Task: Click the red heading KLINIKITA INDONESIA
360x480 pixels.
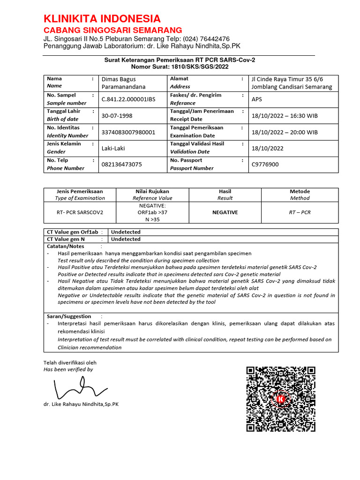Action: pos(102,19)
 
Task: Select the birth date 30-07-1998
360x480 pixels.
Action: pos(117,116)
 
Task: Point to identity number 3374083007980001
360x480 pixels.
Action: pos(128,132)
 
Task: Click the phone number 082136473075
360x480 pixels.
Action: pos(121,165)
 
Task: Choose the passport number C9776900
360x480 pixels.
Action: pos(265,165)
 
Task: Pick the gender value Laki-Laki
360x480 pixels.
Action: pos(113,148)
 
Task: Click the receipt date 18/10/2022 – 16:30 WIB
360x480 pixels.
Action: pos(284,116)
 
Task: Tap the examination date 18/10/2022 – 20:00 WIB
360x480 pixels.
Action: pos(284,132)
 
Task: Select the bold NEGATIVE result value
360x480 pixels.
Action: pos(225,212)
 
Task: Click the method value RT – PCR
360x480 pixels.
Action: pos(300,212)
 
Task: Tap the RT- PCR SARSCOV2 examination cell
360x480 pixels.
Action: pos(80,212)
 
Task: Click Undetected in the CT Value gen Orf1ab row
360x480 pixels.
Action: pos(126,232)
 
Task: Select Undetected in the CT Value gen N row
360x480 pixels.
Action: pos(126,239)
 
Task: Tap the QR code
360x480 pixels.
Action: pos(281,399)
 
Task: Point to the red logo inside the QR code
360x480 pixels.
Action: pos(281,399)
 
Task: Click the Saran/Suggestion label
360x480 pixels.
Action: pos(69,316)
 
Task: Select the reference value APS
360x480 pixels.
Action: pos(257,99)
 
